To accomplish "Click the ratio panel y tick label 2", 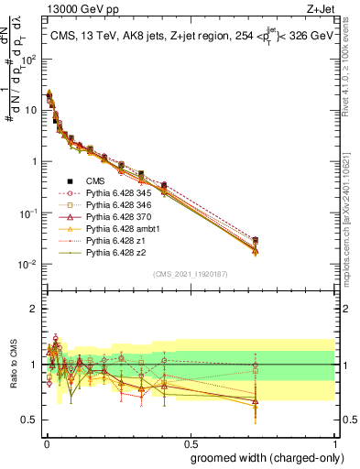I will click(x=32, y=309).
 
